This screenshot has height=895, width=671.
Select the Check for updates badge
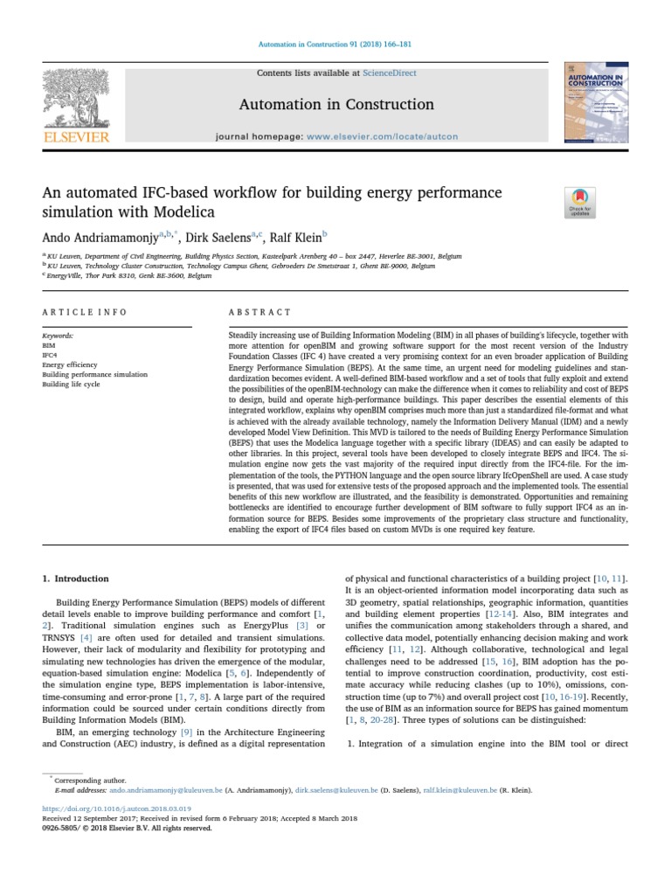(581, 202)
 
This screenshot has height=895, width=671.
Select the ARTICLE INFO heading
(85, 312)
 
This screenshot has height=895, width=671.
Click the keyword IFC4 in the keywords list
(49, 355)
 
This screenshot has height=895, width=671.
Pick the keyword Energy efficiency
(70, 364)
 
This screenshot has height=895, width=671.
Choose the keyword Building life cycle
(72, 384)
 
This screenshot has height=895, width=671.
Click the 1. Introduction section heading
(76, 579)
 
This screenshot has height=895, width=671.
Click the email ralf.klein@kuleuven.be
(460, 789)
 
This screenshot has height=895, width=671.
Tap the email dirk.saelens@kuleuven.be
(338, 789)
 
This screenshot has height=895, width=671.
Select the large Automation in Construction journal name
(335, 105)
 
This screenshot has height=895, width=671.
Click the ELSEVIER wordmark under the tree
(77, 136)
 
